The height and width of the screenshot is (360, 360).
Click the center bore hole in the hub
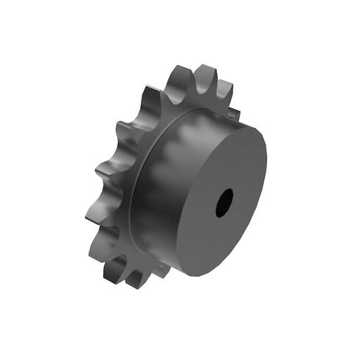click(224, 202)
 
